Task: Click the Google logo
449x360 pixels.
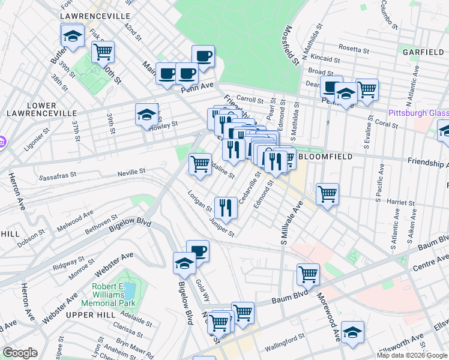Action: tap(20, 353)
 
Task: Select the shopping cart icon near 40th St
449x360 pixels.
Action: tap(103, 52)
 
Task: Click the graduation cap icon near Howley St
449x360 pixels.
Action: tap(146, 114)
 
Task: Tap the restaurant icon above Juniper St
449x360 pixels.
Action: tap(226, 207)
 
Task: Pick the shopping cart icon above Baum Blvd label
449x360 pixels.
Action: tap(308, 274)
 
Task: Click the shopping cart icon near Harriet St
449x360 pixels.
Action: tap(327, 193)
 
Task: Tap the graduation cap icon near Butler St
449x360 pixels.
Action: tap(73, 35)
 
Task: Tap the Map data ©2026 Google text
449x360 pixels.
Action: tap(412, 355)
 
